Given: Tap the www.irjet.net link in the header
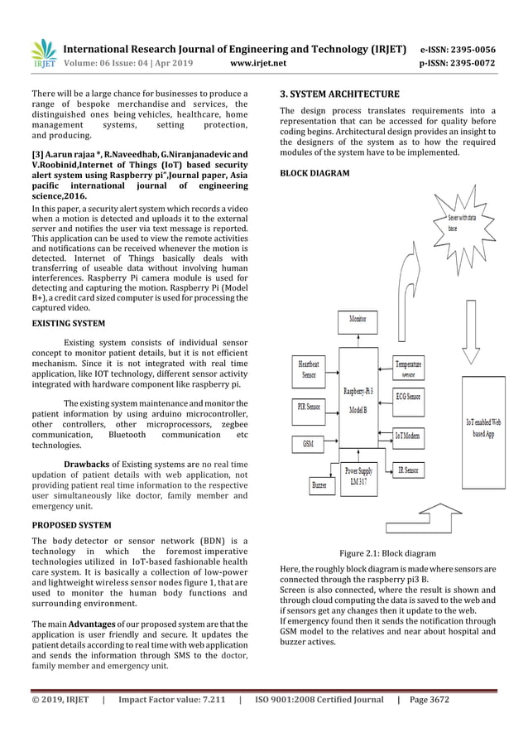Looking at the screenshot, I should click(260, 62).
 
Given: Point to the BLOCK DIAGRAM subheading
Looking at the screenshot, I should click(314, 173).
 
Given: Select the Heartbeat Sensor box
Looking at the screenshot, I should click(309, 369).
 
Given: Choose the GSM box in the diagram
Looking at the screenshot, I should click(307, 444).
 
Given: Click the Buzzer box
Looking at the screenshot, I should click(319, 484).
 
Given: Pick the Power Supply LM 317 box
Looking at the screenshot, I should click(358, 479).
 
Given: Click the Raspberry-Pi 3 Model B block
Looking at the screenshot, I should click(363, 402).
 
